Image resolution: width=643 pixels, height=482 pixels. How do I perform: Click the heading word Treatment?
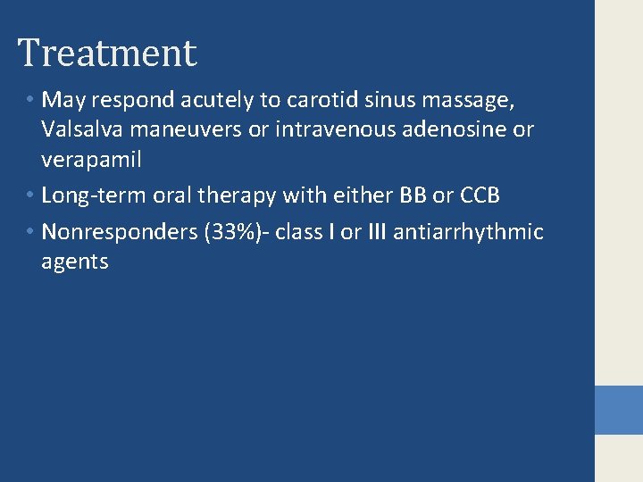coord(107,53)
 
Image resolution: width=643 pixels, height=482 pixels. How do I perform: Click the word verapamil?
coord(91,160)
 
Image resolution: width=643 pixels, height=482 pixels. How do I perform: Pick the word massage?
coord(478,100)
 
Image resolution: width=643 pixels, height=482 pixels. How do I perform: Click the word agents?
coord(74,262)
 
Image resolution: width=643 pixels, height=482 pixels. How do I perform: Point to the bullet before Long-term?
coord(29,195)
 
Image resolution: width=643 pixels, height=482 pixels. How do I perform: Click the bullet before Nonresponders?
coord(29,232)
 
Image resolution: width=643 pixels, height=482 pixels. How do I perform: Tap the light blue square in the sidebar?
coord(618,410)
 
